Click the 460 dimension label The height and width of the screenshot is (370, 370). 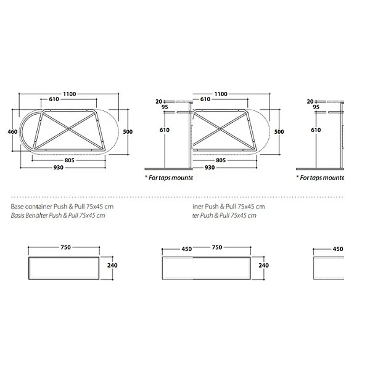pyautogui.click(x=11, y=131)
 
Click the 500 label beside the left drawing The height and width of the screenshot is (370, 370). pyautogui.click(x=128, y=131)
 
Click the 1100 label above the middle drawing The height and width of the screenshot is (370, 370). pyautogui.click(x=220, y=94)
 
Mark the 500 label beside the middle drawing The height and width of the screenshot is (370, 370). pyautogui.click(x=279, y=131)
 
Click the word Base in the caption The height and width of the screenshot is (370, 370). pyautogui.click(x=18, y=206)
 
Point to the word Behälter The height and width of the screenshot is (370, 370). pyautogui.click(x=41, y=215)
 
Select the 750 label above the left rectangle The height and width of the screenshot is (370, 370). pyautogui.click(x=65, y=247)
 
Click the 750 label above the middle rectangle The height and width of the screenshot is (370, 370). pyautogui.click(x=216, y=247)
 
